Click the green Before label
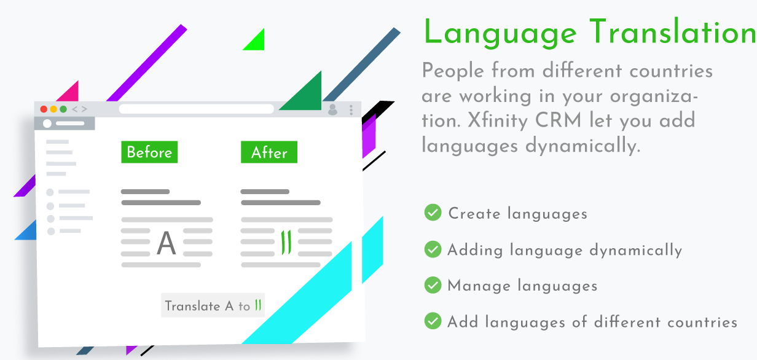point(149,152)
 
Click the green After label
point(269,152)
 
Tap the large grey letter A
point(167,243)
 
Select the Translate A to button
point(213,305)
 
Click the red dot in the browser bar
point(44,109)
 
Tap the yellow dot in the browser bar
point(53,109)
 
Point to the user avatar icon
point(332,109)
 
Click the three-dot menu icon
point(351,110)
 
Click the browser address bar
point(197,109)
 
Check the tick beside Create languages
point(433,213)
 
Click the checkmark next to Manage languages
point(433,285)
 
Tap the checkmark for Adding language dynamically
point(433,249)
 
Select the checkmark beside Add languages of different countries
point(433,321)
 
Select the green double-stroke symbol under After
point(286,242)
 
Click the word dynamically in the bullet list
point(636,251)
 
